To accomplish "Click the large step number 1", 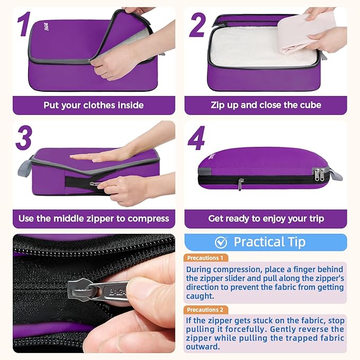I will coord(24,25).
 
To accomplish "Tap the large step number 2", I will coord(197,25).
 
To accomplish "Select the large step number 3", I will coord(24,138).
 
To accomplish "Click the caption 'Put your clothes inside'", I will coord(93,105).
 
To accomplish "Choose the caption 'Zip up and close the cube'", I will coord(266,105).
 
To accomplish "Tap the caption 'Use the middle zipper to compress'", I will coord(93,218).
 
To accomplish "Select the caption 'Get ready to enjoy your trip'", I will coord(266,218).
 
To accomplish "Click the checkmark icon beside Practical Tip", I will coord(221,242).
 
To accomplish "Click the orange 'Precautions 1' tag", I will coord(206,258).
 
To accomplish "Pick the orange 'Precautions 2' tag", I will coord(206,310).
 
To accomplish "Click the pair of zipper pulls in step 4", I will coord(320,174).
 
